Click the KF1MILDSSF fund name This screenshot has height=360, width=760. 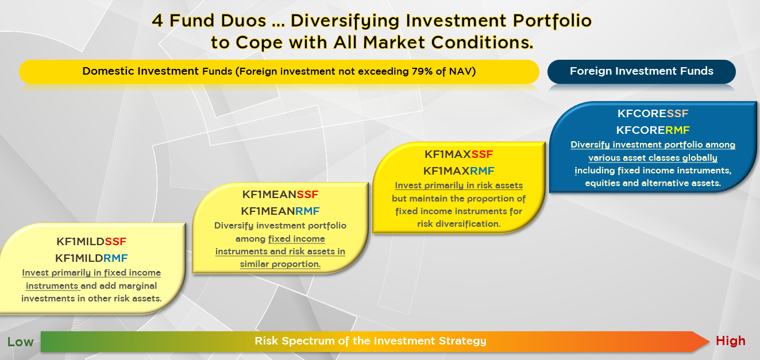coord(91,241)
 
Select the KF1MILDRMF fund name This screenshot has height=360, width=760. coord(91,258)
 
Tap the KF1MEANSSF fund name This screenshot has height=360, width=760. coord(280,195)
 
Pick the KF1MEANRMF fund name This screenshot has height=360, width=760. coord(280,211)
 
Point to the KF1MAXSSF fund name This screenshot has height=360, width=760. coord(459,154)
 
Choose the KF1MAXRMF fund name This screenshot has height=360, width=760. coord(459,171)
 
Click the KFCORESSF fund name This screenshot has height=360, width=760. coord(653,113)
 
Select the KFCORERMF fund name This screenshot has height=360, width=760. coord(653,130)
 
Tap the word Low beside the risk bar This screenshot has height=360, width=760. coord(20,342)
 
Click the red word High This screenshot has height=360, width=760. coord(731,340)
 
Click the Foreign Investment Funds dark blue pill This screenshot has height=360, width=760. coord(642,72)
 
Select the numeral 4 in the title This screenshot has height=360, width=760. coord(157,21)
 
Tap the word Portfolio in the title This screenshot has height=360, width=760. coord(552,21)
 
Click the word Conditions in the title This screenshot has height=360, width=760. coord(482,42)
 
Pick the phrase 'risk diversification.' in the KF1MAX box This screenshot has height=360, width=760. coord(459,224)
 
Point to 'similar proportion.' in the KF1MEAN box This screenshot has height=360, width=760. coord(280,264)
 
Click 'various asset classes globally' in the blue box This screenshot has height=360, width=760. coord(653,158)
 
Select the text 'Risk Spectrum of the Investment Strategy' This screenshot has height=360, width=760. coord(371,341)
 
